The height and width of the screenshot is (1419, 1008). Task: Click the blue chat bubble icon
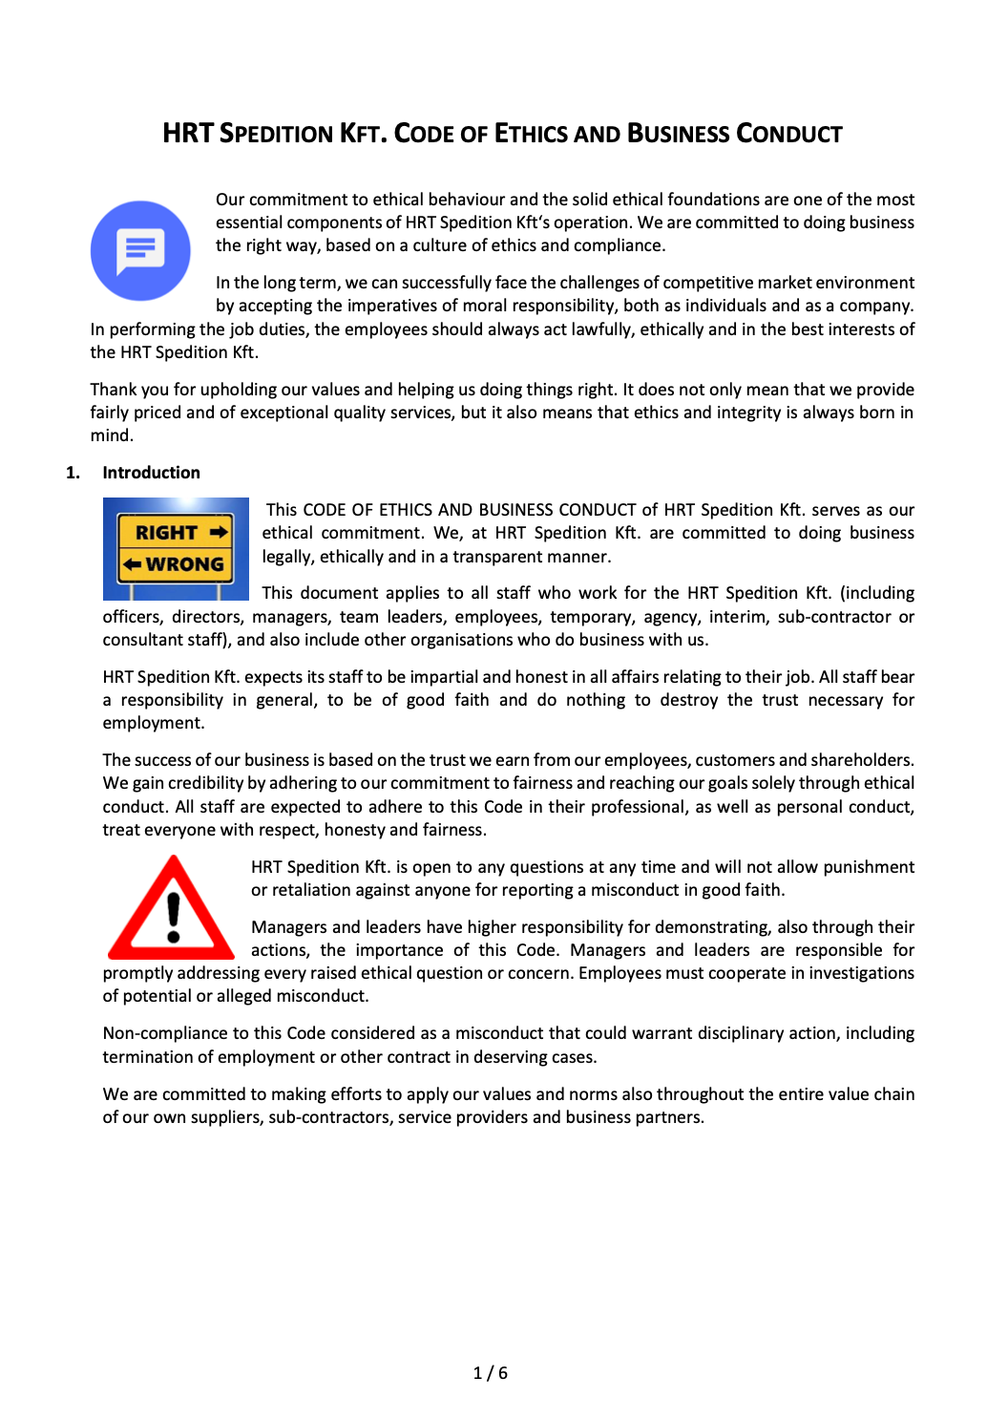[140, 250]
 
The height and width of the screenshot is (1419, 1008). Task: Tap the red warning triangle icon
[172, 908]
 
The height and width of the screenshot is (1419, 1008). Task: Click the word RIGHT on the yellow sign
[166, 533]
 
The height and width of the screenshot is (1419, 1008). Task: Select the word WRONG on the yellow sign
[184, 564]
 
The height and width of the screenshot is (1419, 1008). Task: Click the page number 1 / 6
[491, 1373]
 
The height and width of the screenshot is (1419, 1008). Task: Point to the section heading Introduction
[151, 473]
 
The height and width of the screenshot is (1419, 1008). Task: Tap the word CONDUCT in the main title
[789, 134]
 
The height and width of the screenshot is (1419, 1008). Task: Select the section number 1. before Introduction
[73, 473]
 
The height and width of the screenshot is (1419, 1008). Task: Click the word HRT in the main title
[187, 134]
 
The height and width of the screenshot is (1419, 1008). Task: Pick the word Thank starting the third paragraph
[114, 390]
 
